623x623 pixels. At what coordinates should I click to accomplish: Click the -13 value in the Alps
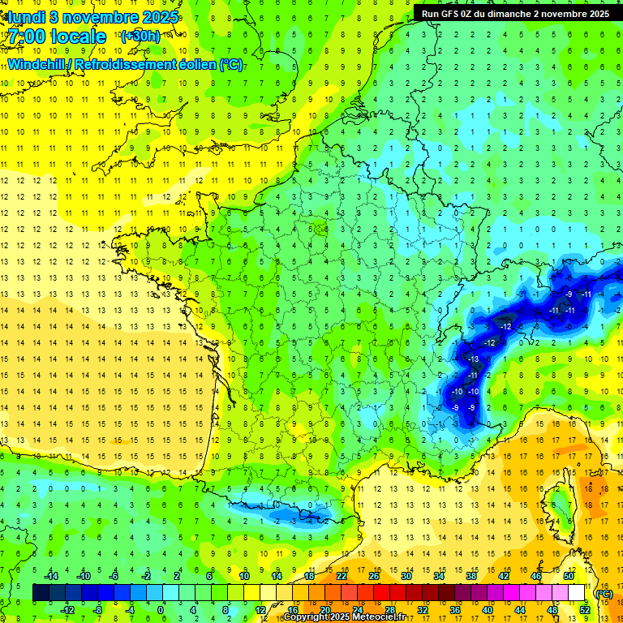474,359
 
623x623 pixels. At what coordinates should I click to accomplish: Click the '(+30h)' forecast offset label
140,37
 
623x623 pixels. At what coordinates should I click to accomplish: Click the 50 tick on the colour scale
568,576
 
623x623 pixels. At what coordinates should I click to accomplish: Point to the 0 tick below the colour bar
161,609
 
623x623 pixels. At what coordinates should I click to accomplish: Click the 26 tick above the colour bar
374,576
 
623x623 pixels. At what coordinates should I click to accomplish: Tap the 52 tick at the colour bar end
584,609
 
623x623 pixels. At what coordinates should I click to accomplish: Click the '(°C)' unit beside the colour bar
603,593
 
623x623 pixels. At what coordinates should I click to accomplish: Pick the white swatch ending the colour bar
576,592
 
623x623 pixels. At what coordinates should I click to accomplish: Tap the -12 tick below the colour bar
68,609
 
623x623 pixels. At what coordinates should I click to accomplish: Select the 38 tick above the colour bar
471,576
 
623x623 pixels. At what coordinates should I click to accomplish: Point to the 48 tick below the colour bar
552,609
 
